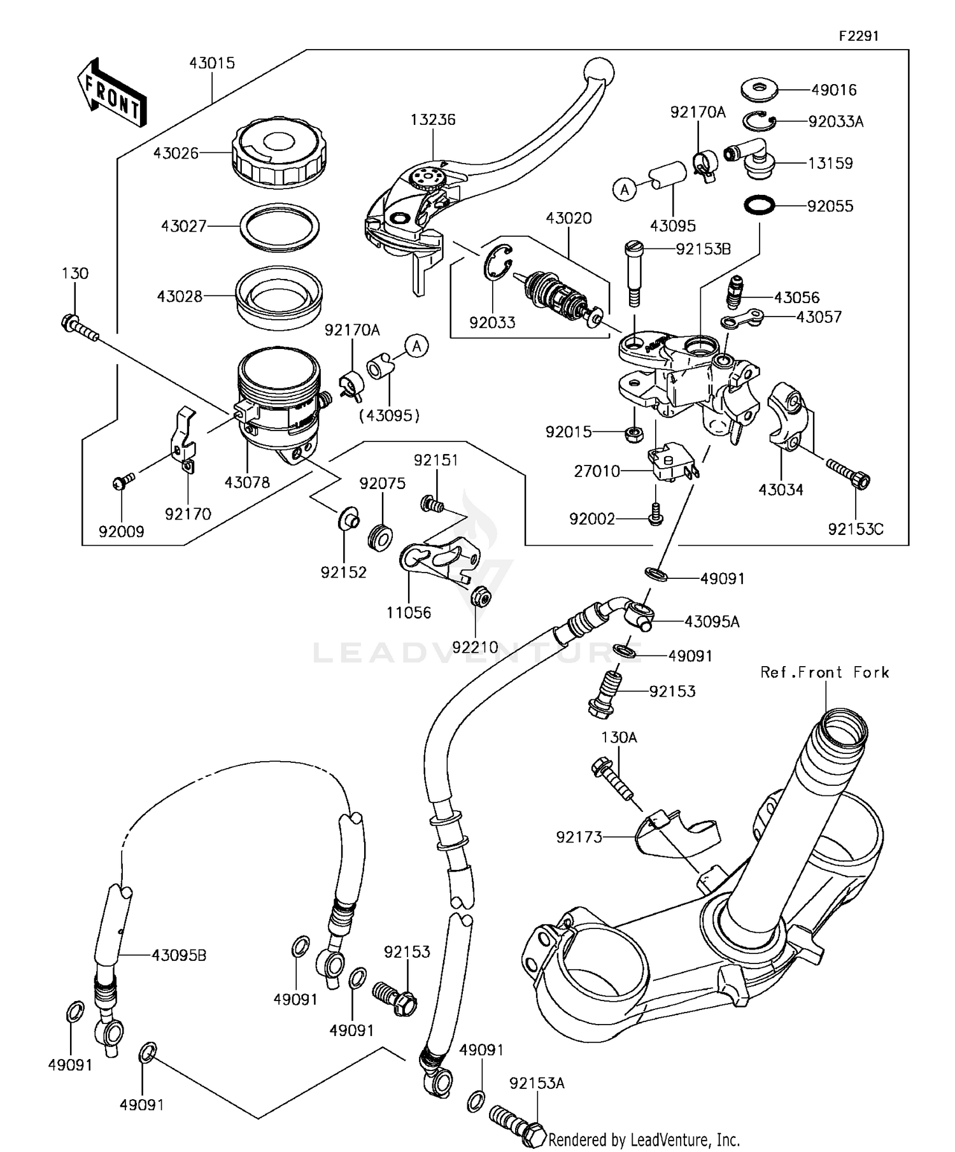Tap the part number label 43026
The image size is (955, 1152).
[176, 153]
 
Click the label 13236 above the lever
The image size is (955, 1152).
[433, 120]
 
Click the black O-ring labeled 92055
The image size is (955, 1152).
[760, 205]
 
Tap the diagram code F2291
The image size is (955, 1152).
[858, 36]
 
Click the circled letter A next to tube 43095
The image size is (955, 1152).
[625, 189]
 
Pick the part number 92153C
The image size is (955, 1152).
[856, 529]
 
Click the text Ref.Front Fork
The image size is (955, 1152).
[824, 672]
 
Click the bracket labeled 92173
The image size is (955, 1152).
[675, 832]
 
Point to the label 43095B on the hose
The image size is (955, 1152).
[179, 955]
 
